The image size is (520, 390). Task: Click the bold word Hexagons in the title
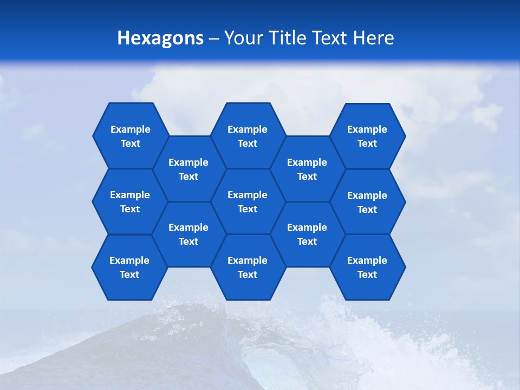[x=160, y=38]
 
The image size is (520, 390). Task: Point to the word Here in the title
[x=373, y=38]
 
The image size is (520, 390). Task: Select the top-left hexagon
[x=130, y=136]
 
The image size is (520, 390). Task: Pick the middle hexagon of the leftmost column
[x=130, y=201]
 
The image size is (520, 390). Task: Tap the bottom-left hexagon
[x=129, y=267]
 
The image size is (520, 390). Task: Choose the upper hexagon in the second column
[x=188, y=169]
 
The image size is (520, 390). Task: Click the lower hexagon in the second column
[x=188, y=234]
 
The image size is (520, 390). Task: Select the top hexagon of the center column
[x=248, y=136]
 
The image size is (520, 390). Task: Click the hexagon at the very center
[x=248, y=201]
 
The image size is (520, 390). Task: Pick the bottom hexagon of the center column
[x=248, y=267]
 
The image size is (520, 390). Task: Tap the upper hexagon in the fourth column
[x=307, y=169]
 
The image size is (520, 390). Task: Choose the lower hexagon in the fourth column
[x=307, y=234]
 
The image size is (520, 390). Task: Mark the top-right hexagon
[x=367, y=136]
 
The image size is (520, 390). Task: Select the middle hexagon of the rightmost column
[x=367, y=202]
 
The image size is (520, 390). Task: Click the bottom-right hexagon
[x=367, y=267]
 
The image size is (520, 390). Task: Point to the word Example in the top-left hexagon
[x=130, y=129]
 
